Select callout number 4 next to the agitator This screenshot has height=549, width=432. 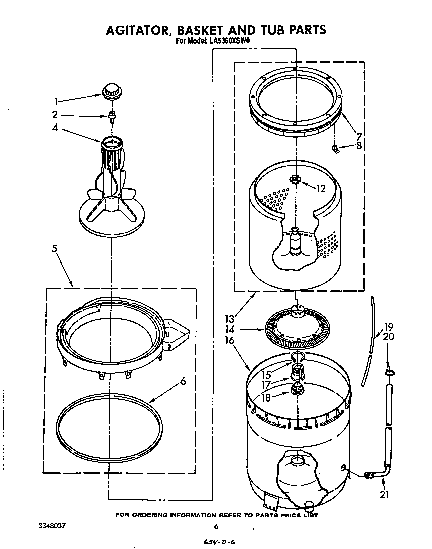coord(55,127)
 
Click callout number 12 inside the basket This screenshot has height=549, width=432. coord(320,188)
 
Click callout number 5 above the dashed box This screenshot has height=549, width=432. coord(55,248)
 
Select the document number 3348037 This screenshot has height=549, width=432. coord(52,526)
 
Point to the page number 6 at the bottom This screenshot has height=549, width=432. coord(216,526)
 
